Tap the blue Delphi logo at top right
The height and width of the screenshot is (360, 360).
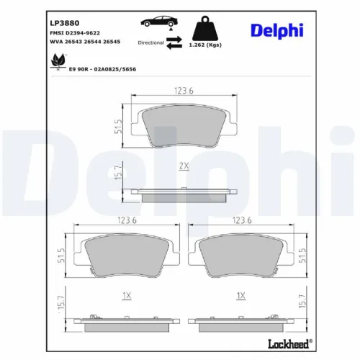point(276,30)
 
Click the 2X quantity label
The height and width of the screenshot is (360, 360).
point(184,166)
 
